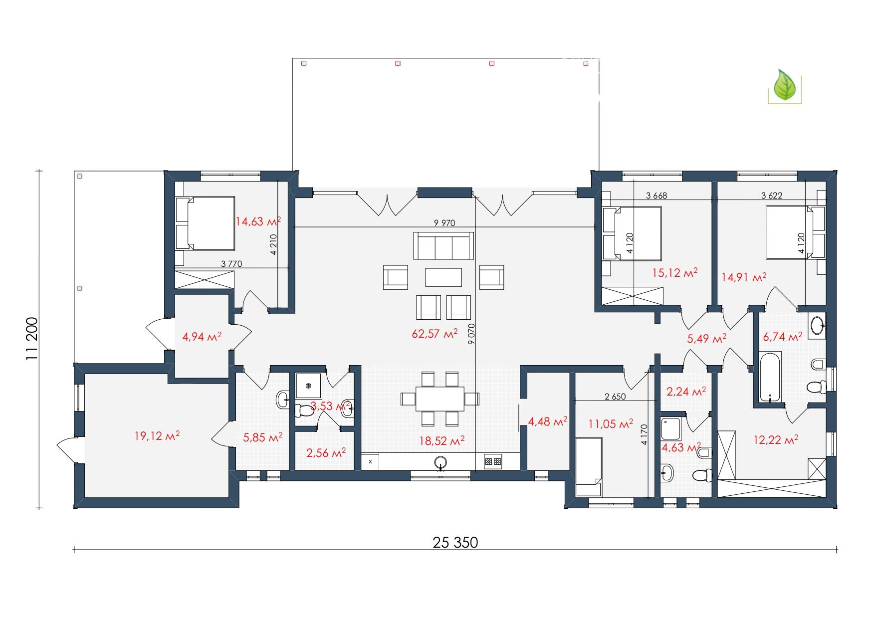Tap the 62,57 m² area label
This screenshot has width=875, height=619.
tap(435, 333)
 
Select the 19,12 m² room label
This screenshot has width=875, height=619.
tap(157, 435)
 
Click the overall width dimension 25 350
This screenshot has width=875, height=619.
tap(455, 542)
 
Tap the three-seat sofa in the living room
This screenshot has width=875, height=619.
tap(443, 245)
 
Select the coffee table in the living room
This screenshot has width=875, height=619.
tap(443, 277)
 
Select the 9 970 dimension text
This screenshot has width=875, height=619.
tap(444, 223)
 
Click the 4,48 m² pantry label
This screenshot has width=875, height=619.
tap(547, 422)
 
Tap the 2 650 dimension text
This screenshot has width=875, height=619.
tap(615, 397)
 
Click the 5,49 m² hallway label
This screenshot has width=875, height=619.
tap(706, 338)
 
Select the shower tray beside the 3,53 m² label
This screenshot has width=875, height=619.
tap(308, 386)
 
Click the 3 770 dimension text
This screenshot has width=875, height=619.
tap(231, 264)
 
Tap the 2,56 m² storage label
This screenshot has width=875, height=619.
tap(326, 453)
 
